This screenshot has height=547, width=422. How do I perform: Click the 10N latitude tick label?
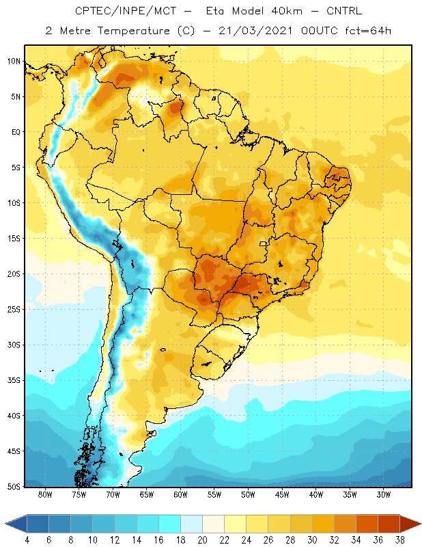pyautogui.click(x=14, y=62)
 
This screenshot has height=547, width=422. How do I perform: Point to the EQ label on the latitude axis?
pyautogui.click(x=16, y=132)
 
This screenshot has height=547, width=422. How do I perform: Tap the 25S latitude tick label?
pyautogui.click(x=14, y=310)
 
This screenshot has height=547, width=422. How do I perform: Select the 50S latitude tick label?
pyautogui.click(x=14, y=487)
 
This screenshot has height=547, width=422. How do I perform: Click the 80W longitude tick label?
pyautogui.click(x=45, y=494)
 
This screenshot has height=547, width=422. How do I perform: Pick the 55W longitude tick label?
pyautogui.click(x=214, y=494)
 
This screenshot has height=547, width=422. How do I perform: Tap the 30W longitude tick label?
pyautogui.click(x=384, y=494)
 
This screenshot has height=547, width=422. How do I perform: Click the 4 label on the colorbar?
pyautogui.click(x=27, y=540)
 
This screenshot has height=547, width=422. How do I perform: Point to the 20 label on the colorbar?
pyautogui.click(x=202, y=540)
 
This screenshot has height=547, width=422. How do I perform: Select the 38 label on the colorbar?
pyautogui.click(x=400, y=540)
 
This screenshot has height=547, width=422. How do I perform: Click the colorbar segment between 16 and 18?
pyautogui.click(x=170, y=524)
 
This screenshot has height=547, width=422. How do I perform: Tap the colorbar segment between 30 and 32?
pyautogui.click(x=324, y=524)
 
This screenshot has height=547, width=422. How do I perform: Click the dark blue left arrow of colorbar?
pyautogui.click(x=16, y=524)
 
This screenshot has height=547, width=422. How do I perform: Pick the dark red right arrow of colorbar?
pyautogui.click(x=410, y=524)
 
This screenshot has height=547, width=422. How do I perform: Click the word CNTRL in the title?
pyautogui.click(x=344, y=11)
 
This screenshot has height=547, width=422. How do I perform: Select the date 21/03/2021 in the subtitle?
pyautogui.click(x=255, y=31)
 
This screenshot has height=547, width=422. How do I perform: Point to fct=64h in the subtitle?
pyautogui.click(x=368, y=31)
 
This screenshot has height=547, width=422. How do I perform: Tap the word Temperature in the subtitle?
pyautogui.click(x=134, y=31)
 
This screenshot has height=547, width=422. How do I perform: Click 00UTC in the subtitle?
pyautogui.click(x=320, y=31)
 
